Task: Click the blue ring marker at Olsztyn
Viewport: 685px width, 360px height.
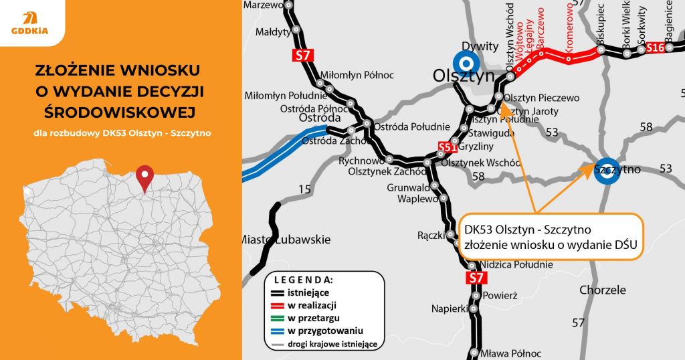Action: coord(466,63)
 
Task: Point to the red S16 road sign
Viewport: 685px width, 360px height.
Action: coord(656,48)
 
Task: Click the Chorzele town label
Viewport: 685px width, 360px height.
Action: coord(603,290)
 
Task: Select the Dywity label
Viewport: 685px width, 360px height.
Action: coord(485,46)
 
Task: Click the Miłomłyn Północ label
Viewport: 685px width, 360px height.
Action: coord(357,74)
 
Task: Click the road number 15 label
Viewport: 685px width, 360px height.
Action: coord(304,190)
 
